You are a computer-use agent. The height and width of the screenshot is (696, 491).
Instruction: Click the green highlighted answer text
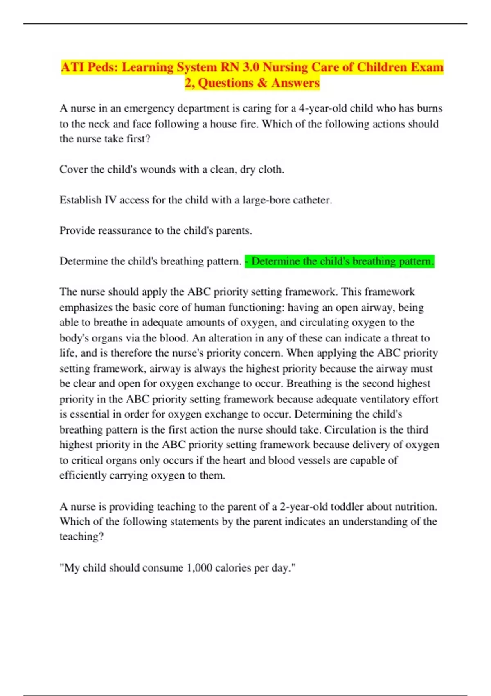[340, 261]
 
